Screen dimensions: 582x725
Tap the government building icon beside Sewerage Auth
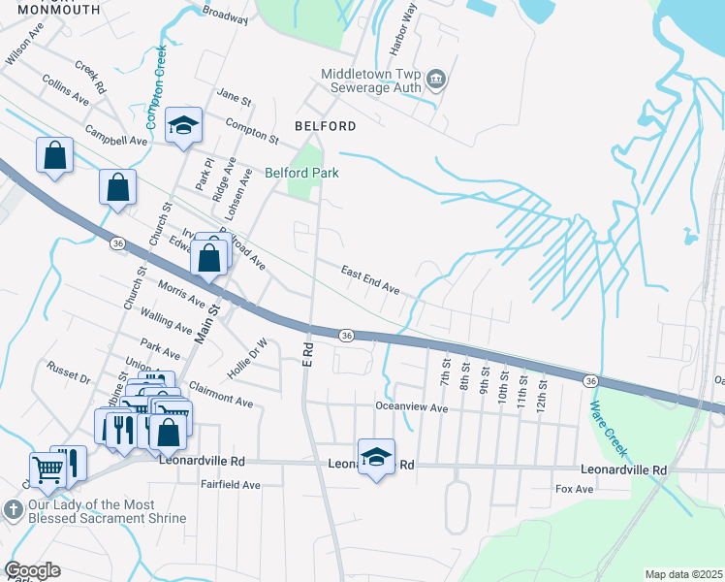(435, 78)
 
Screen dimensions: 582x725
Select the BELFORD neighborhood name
(325, 126)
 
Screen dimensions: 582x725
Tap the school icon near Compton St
(182, 126)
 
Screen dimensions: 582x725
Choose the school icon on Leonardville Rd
(376, 458)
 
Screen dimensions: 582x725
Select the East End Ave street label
(369, 280)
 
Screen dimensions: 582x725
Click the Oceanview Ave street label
(412, 408)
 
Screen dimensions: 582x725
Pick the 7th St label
(446, 372)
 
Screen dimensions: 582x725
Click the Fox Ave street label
(573, 490)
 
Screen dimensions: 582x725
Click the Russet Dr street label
(68, 372)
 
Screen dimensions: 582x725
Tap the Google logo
(33, 570)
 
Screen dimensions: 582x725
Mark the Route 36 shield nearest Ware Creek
(589, 380)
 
